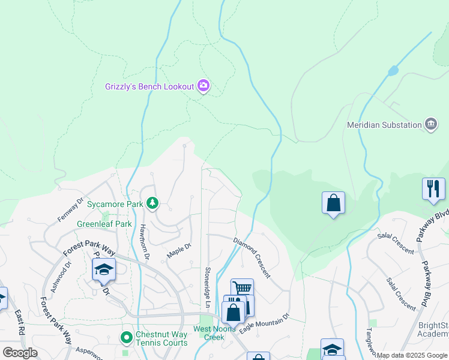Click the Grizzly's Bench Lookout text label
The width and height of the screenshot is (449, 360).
click(148, 86)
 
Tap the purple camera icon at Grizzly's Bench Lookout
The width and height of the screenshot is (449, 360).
click(203, 86)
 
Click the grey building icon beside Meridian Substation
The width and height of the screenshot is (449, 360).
click(430, 124)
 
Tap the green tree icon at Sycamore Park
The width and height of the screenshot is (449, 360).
click(153, 204)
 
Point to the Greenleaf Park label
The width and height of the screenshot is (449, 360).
click(104, 224)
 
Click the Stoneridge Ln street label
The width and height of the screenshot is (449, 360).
click(208, 287)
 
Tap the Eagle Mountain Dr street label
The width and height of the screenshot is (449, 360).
click(264, 324)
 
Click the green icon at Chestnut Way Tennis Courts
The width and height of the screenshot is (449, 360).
click(126, 338)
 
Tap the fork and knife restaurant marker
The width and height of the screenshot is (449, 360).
click(433, 189)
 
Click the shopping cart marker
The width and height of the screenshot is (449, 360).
click(242, 289)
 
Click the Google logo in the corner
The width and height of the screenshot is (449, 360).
click(20, 353)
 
